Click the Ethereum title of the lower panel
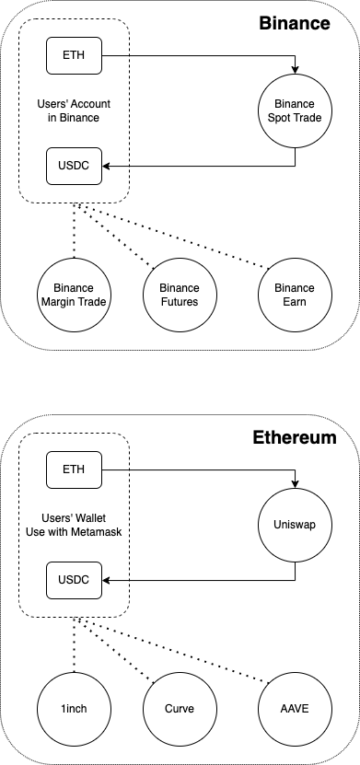pyautogui.click(x=294, y=437)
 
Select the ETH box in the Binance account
pyautogui.click(x=74, y=56)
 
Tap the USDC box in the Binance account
pyautogui.click(x=74, y=167)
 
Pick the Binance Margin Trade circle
pyautogui.click(x=74, y=295)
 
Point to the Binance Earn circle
pyautogui.click(x=294, y=295)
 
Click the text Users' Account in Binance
pyautogui.click(x=74, y=111)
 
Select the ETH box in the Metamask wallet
pyautogui.click(x=74, y=469)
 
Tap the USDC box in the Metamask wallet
pyautogui.click(x=74, y=580)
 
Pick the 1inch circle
pyautogui.click(x=74, y=709)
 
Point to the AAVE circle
pyautogui.click(x=294, y=709)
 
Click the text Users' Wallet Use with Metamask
pyautogui.click(x=74, y=525)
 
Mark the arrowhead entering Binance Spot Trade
pyautogui.click(x=294, y=72)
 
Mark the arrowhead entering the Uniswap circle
pyautogui.click(x=294, y=485)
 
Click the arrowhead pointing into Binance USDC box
pyautogui.click(x=106, y=167)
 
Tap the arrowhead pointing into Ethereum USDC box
pyautogui.click(x=106, y=580)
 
